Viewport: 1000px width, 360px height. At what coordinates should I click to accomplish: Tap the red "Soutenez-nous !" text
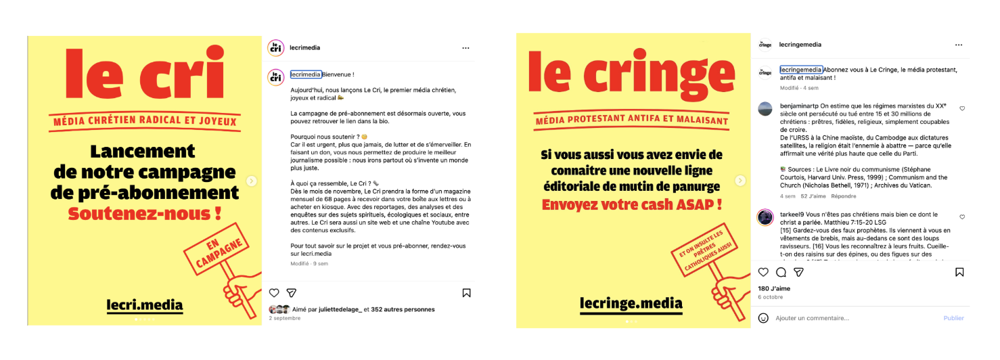tap(145, 215)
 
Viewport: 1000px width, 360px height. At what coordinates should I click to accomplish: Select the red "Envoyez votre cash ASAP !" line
tap(631, 204)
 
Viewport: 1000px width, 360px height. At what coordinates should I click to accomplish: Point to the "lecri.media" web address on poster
tap(145, 305)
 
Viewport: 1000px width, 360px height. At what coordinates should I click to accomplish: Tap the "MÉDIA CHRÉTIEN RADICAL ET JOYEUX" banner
tap(145, 122)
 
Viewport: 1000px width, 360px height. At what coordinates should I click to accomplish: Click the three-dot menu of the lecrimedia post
tap(465, 48)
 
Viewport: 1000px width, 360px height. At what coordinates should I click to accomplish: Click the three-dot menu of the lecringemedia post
tap(958, 45)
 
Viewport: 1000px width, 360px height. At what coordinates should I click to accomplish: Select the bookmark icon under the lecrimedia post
tap(466, 293)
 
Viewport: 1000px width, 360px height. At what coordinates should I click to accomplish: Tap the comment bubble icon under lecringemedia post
tap(781, 272)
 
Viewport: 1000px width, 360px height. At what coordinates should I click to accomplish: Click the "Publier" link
tap(953, 318)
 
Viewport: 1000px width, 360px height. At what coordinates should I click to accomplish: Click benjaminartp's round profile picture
tap(765, 108)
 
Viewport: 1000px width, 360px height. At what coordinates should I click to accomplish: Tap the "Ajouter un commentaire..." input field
tap(812, 318)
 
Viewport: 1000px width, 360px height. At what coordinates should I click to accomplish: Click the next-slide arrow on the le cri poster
tap(252, 181)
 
